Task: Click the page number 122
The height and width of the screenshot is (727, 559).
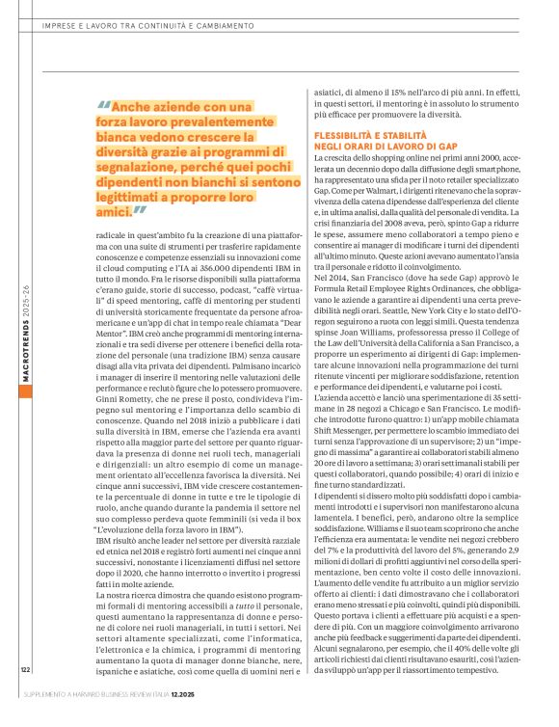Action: pyautogui.click(x=23, y=696)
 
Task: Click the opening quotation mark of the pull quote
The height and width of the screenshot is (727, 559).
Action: pyautogui.click(x=103, y=107)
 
